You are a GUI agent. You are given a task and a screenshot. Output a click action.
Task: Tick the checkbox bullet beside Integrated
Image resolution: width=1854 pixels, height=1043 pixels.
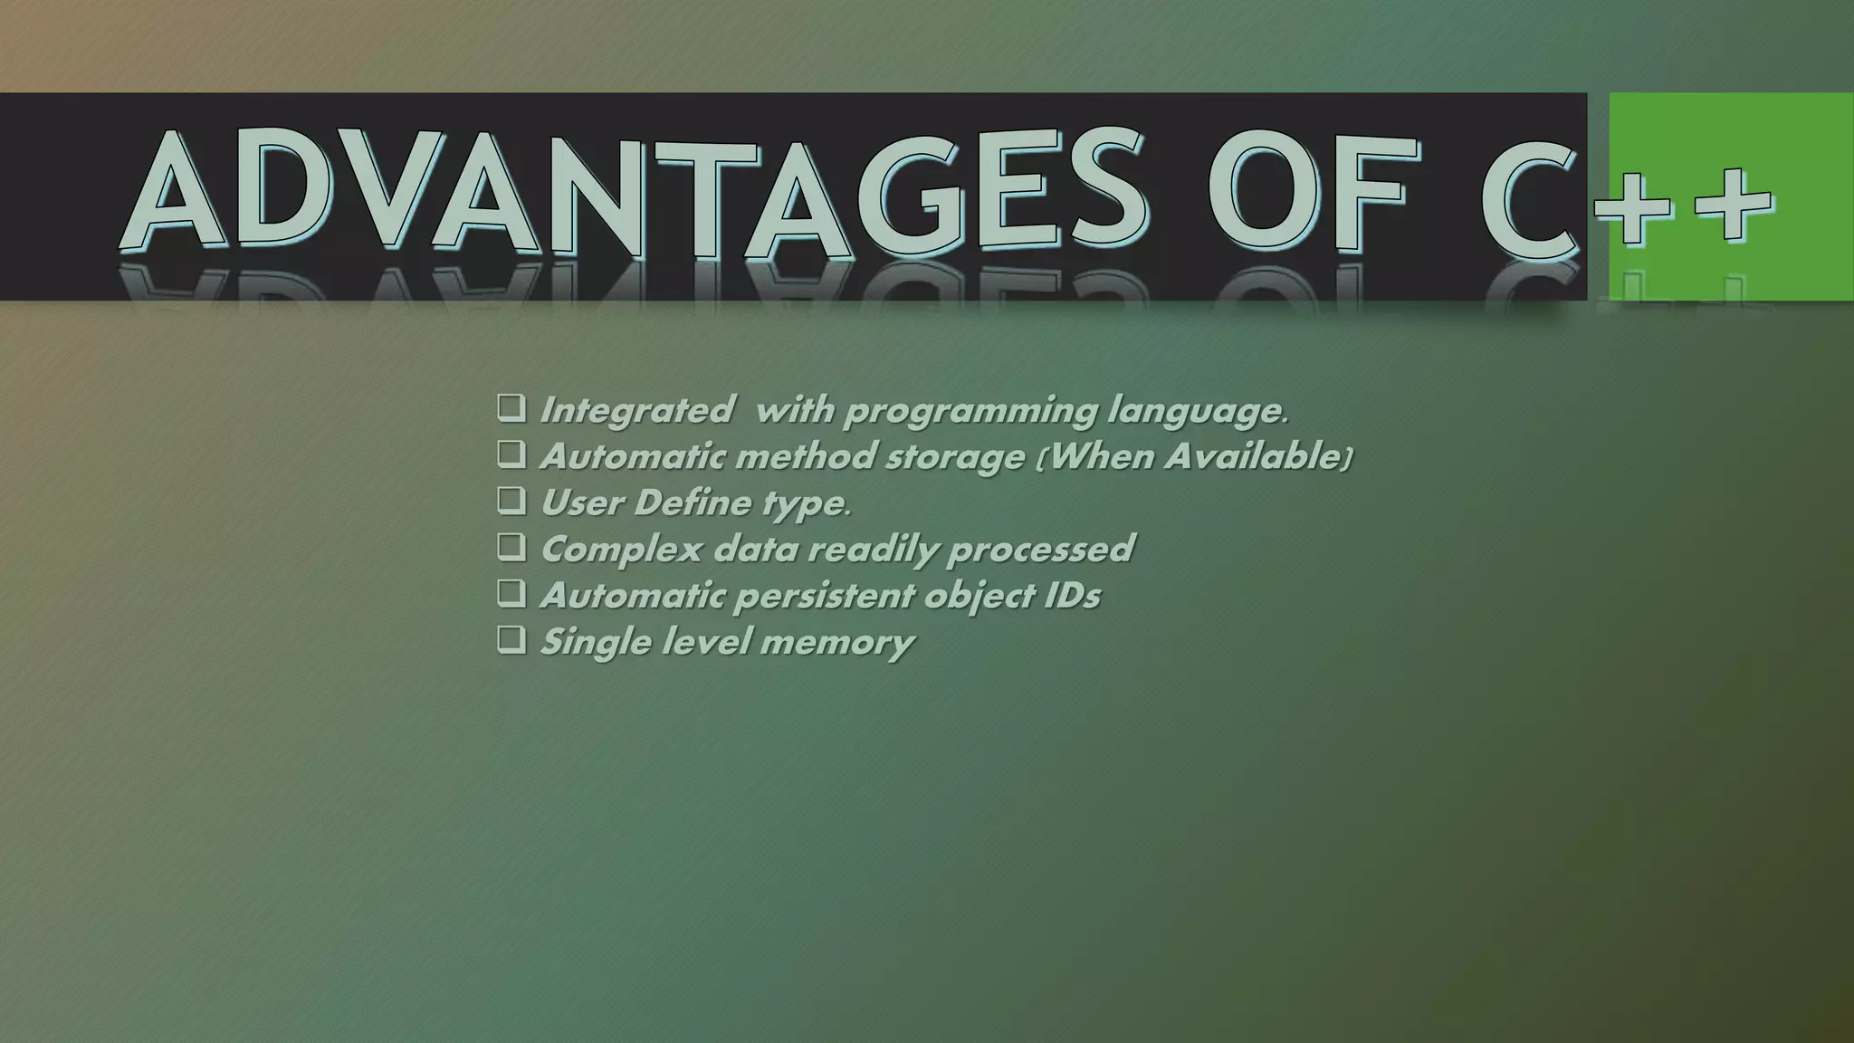pyautogui.click(x=511, y=408)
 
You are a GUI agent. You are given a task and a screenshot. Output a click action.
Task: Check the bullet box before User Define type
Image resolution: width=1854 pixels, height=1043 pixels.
pyautogui.click(x=511, y=501)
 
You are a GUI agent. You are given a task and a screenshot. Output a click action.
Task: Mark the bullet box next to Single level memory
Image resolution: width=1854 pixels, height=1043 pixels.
pyautogui.click(x=511, y=640)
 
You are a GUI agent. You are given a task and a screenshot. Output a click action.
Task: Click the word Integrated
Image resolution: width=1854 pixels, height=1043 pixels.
pyautogui.click(x=636, y=411)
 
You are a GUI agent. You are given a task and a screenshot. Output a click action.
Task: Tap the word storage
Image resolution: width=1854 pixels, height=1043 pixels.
pyautogui.click(x=954, y=458)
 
